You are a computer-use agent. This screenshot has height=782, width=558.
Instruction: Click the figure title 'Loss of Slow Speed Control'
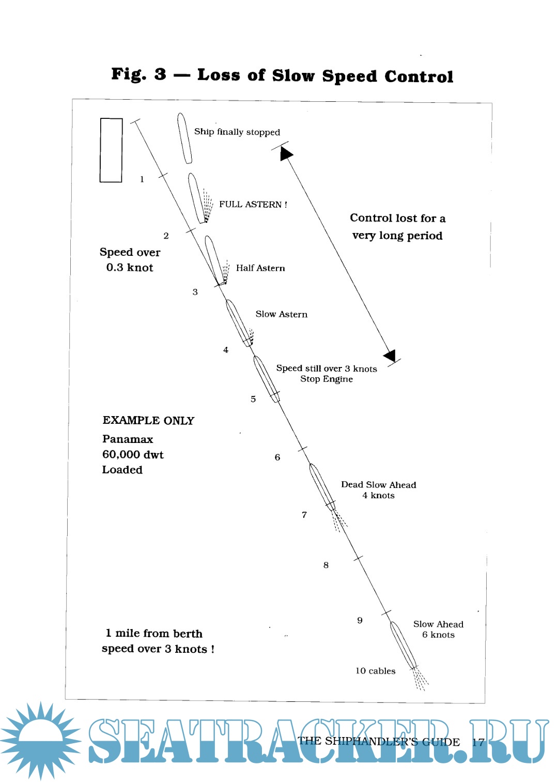pos(325,76)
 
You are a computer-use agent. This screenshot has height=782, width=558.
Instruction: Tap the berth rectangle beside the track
pos(111,150)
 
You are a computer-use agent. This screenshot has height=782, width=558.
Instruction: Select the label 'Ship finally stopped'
pos(237,132)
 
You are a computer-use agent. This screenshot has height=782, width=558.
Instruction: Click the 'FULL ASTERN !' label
pos(253,205)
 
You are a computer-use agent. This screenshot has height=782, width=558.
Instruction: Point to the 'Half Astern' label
pos(260,268)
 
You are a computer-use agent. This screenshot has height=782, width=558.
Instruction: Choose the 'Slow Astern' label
pos(282,314)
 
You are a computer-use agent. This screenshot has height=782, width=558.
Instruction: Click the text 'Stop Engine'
pos(327,379)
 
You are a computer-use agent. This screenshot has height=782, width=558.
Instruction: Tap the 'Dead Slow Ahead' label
pos(379,485)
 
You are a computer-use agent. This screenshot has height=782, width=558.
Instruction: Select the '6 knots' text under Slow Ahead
pos(439,635)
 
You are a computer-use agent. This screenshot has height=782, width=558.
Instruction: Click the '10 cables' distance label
pos(376,671)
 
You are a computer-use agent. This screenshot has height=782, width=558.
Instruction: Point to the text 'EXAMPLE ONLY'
pos(148,421)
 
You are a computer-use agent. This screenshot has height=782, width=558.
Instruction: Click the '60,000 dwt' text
pos(133,455)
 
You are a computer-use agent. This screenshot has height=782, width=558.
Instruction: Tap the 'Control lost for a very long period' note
pos(397,227)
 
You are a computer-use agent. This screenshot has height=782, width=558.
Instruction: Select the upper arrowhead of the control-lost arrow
pos(286,154)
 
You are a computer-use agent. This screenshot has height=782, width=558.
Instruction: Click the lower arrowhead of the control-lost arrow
pos(391,355)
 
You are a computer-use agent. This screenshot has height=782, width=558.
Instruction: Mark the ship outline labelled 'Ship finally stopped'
pos(184,138)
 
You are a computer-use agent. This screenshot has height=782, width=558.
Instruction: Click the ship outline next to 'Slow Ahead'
pos(402,645)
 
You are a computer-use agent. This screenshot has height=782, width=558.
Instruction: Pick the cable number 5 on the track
pos(253,399)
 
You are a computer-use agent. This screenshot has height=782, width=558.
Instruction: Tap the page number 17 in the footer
pos(478,742)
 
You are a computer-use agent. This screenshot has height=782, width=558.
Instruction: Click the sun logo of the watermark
pos(40,740)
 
